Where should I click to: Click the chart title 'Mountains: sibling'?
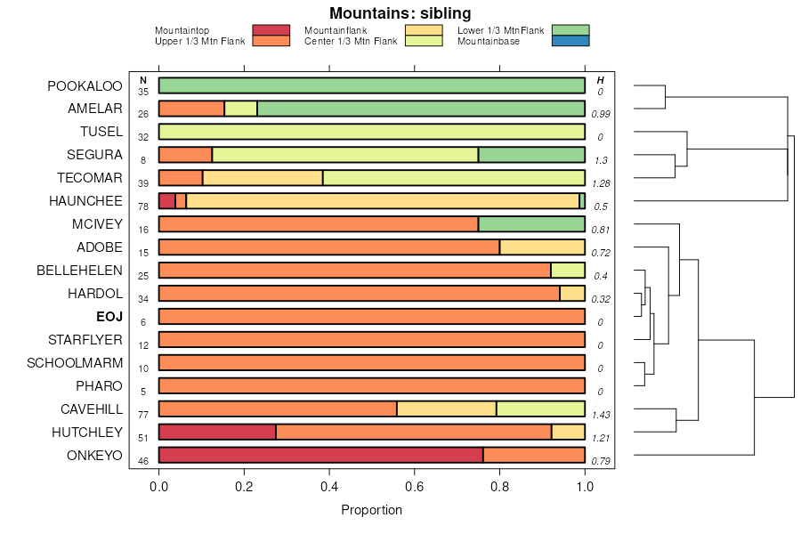400,13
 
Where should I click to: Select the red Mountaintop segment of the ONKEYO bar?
320,455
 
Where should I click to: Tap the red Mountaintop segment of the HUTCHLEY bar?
217,432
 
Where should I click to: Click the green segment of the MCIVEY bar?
531,223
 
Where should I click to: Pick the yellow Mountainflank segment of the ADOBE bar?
542,247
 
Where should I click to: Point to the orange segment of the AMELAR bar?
191,109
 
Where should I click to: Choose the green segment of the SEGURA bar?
531,154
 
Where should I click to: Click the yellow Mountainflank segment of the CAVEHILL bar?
446,409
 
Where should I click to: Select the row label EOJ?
109,316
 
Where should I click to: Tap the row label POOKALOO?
85,86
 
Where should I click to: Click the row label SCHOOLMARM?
75,362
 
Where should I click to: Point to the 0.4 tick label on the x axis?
329,487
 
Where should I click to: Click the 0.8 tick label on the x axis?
500,487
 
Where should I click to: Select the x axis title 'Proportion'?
371,510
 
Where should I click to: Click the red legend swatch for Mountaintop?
271,30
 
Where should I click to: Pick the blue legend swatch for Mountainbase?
570,41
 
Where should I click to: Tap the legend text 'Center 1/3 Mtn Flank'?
351,41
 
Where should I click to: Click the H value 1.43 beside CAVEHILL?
601,415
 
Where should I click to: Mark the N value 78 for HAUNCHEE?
143,206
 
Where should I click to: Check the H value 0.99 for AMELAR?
601,114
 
